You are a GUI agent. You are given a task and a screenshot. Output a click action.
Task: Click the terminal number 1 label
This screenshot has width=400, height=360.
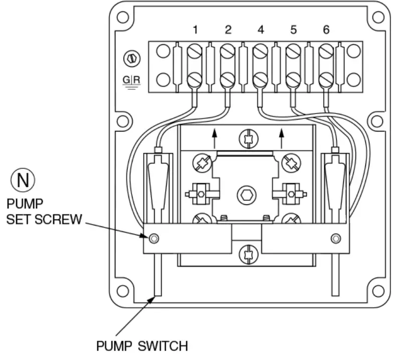click(195, 30)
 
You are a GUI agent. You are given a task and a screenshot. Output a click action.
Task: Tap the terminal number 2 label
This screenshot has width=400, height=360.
click(228, 30)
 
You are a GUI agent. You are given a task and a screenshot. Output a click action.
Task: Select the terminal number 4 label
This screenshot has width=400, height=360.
click(260, 30)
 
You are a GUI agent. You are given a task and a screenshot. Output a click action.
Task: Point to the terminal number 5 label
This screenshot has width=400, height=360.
click(294, 30)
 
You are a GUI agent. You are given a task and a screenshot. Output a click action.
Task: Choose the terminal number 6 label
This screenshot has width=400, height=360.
click(326, 30)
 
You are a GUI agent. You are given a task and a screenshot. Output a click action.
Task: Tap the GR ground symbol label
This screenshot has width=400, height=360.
click(132, 81)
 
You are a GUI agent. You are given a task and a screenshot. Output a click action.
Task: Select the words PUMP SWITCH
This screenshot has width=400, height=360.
click(142, 346)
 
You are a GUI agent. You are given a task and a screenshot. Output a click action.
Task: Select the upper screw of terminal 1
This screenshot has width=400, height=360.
click(195, 51)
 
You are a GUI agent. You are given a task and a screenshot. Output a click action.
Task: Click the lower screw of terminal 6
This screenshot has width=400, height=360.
click(326, 79)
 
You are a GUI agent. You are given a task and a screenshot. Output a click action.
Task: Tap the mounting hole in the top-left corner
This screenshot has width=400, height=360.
click(122, 16)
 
